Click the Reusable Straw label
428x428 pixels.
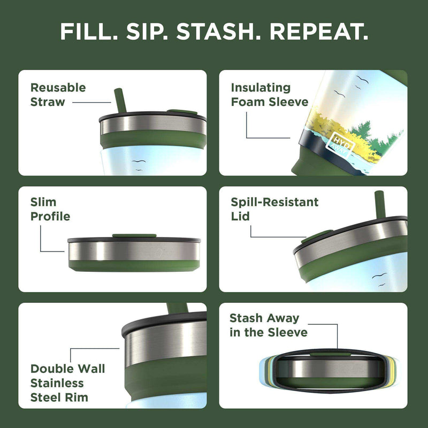click(x=58, y=95)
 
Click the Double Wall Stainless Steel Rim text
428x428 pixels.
click(x=67, y=383)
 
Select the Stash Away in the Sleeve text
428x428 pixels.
click(x=269, y=325)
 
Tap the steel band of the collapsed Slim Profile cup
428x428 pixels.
click(x=134, y=250)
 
